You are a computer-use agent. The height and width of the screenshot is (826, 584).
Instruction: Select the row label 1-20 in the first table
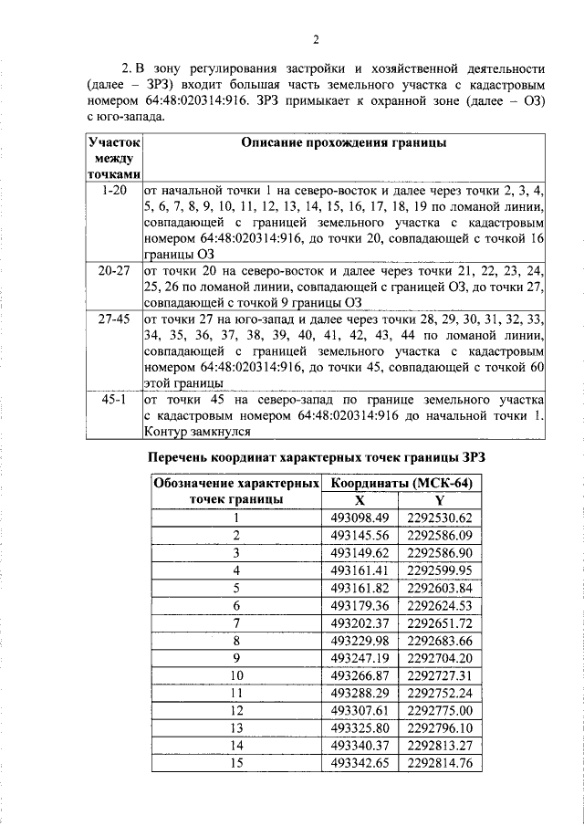coord(114,191)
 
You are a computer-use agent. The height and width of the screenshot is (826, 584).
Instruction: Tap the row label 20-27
coord(114,271)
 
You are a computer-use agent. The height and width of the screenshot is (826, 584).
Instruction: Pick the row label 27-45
coord(114,319)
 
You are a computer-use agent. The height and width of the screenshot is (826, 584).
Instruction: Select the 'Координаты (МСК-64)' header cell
coord(406,483)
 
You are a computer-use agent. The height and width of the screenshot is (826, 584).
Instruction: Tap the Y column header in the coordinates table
coord(440,500)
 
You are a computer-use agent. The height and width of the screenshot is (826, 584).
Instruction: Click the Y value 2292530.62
coord(440,518)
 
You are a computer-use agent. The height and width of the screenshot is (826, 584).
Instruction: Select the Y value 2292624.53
coord(440,604)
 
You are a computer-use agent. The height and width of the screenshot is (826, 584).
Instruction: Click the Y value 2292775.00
coord(440,709)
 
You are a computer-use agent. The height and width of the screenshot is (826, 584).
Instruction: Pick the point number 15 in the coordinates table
coord(236,761)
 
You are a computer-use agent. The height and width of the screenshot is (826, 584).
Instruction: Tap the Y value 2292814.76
coord(440,761)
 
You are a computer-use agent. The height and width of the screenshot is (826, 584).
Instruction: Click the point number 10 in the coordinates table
coord(236,674)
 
